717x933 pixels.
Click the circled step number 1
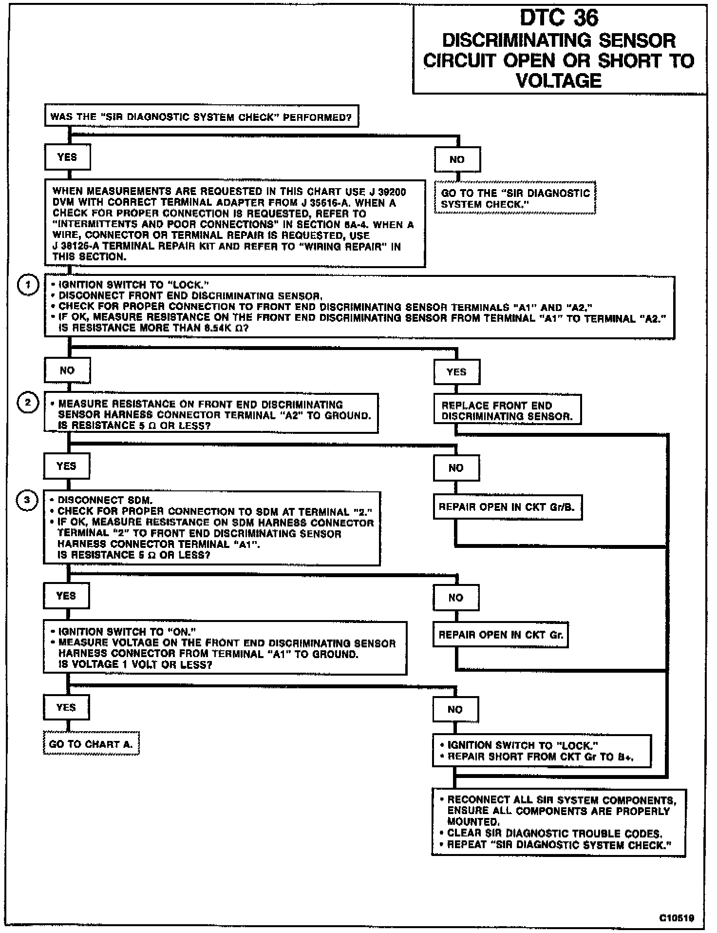point(28,285)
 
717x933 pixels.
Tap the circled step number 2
point(28,403)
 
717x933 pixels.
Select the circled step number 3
point(27,500)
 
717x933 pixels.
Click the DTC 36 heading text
point(559,19)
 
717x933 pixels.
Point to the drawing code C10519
point(677,918)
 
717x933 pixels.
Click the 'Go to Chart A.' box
point(91,744)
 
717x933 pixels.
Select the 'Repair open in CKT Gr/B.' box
point(507,507)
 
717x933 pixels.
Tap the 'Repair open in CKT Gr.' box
point(501,635)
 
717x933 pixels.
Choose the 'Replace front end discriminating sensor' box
point(507,410)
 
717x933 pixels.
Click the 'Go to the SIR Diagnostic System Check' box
point(515,198)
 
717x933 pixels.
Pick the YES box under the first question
point(67,157)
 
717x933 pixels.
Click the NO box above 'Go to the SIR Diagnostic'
point(457,159)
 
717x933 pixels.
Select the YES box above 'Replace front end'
point(456,372)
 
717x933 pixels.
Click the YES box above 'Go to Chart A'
point(66,707)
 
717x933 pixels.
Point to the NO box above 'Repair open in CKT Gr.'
point(455,598)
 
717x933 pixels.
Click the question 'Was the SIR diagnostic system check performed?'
point(201,117)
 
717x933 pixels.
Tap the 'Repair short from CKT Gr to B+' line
point(541,757)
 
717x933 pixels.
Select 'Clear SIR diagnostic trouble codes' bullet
point(554,834)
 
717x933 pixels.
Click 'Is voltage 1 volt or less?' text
point(135,664)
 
